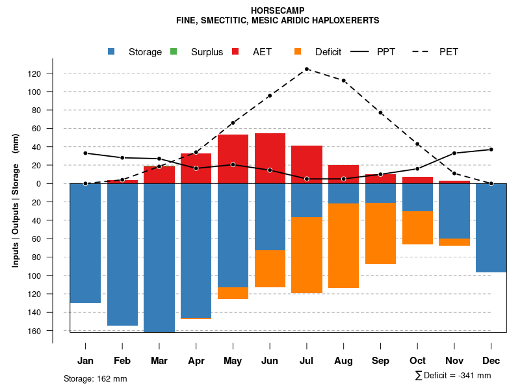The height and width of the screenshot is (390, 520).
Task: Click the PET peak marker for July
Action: (307, 69)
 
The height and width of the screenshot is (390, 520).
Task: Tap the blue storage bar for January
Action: (85, 243)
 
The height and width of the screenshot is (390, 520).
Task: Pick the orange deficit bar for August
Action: (344, 246)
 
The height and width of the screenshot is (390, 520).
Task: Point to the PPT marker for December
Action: (491, 149)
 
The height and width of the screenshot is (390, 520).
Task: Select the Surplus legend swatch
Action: (174, 51)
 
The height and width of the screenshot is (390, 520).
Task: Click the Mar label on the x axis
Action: (159, 361)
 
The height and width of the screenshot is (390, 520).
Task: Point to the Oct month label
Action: (418, 361)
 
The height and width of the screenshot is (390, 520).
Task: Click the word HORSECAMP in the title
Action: (277, 10)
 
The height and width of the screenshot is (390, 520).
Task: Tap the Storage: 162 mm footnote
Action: (96, 378)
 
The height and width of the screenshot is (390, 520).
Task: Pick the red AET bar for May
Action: (233, 159)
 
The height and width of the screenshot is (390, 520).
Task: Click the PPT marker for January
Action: (85, 153)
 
